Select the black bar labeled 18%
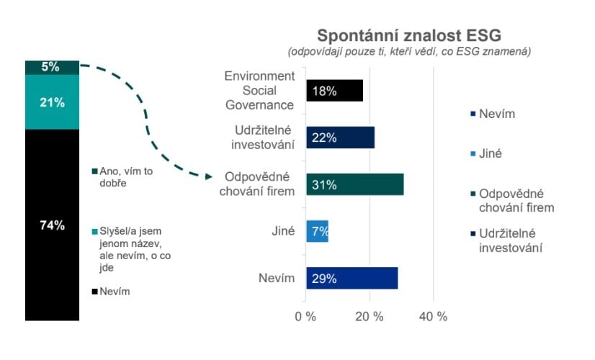coord(334,91)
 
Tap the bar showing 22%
coord(340,138)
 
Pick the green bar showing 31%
coord(354,184)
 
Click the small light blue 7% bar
coord(317,231)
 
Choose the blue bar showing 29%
coord(352,278)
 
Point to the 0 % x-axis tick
coord(306,316)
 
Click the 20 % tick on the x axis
coord(370,316)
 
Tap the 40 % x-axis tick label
coord(433,316)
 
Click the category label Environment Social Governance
coord(259,91)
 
